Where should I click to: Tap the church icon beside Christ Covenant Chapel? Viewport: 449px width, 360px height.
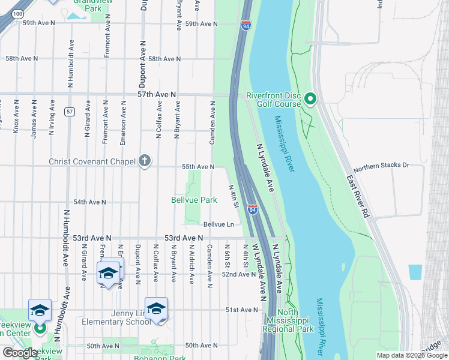coord(144,160)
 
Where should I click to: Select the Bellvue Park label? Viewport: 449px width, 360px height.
coord(194,199)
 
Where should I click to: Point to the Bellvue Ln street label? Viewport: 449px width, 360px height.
coord(218,224)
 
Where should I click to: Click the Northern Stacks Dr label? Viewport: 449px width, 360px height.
coord(381,165)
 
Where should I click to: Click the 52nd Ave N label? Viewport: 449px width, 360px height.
coord(238,274)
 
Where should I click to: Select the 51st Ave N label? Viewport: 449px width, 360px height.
coord(241,310)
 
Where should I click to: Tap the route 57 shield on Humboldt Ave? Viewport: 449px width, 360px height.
coord(70,112)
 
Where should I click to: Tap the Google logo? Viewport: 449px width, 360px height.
coord(20,353)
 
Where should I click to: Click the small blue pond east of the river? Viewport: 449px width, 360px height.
coord(415,272)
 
